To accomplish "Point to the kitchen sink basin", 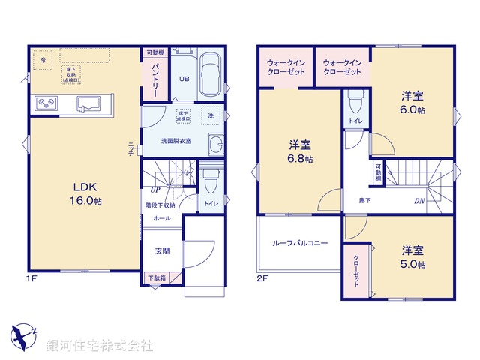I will coord(91,103).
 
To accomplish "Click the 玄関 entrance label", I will coord(162,251).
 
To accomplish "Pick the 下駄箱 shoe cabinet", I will coord(156,278).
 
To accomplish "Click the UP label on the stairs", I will coord(154,190).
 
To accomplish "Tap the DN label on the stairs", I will coord(419,200).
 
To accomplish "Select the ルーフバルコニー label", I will coord(300,244).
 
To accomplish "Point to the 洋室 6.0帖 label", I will coord(412,102).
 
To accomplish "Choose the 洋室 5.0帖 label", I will coord(412,256).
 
